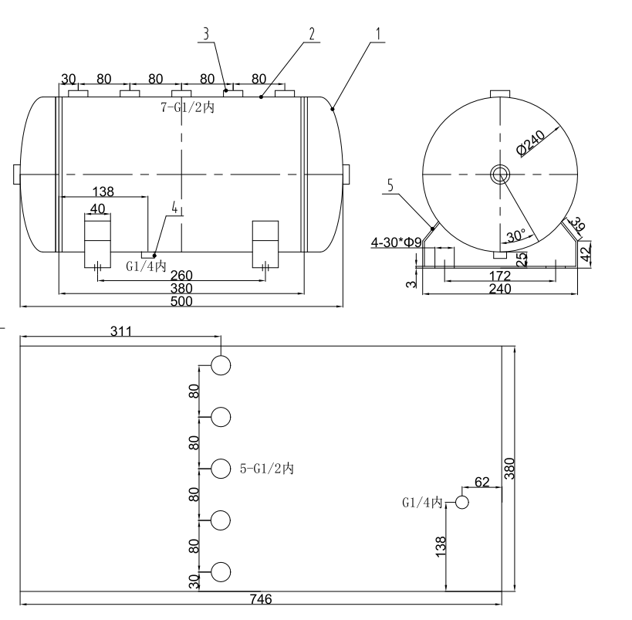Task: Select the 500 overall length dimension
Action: [182, 301]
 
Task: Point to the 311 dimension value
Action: [121, 331]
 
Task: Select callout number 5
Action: [390, 185]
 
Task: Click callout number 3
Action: [206, 34]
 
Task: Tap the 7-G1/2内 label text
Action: [188, 109]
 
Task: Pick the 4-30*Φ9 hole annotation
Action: [396, 242]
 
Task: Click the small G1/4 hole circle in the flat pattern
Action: [462, 503]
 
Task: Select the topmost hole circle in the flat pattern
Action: [221, 364]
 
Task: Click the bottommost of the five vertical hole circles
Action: [221, 573]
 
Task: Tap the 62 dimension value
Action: [482, 483]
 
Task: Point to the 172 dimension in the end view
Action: [499, 275]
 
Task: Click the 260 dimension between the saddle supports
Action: [182, 276]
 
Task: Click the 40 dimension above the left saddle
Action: [97, 208]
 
